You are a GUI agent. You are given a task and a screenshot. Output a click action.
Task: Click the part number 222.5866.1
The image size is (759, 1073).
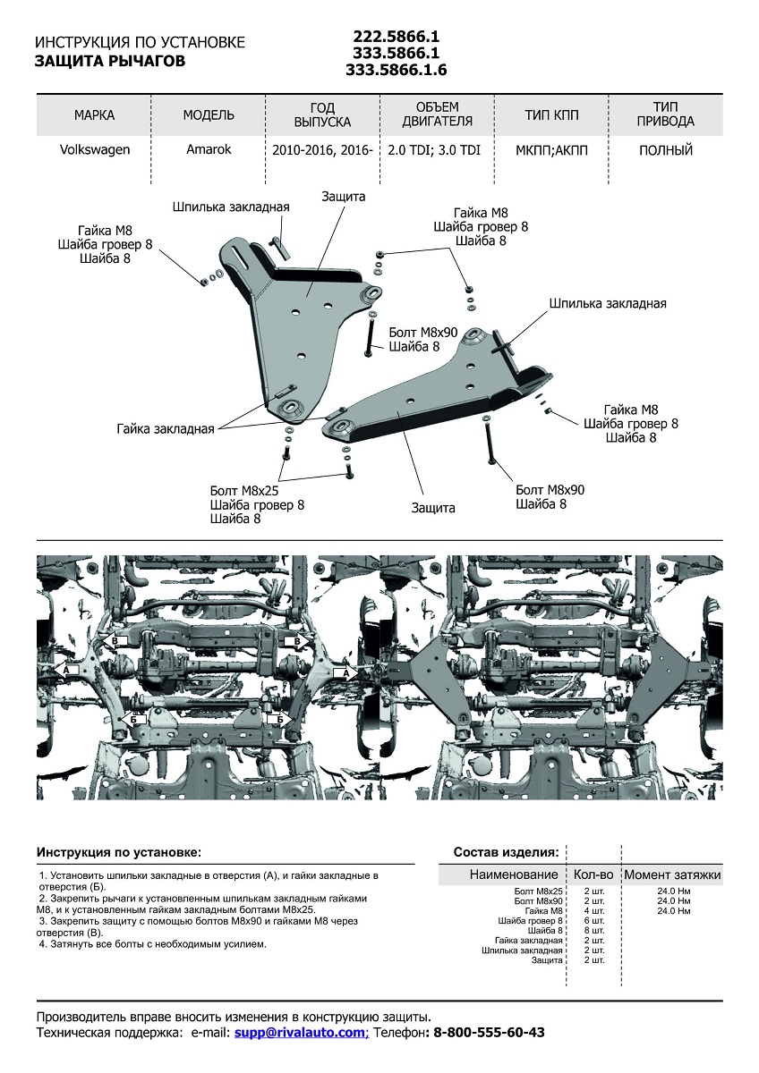(396, 37)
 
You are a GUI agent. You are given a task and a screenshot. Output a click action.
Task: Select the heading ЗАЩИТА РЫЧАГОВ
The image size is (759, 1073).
(110, 62)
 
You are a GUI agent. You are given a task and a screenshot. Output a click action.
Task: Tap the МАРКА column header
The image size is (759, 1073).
(94, 115)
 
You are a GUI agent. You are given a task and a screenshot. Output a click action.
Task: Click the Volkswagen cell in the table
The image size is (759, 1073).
(94, 150)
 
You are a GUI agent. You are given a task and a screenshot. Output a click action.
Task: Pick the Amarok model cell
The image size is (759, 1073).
(209, 150)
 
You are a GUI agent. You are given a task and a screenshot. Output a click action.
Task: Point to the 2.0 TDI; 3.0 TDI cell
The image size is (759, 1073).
(434, 150)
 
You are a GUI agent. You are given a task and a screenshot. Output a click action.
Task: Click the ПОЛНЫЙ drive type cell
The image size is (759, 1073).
(666, 150)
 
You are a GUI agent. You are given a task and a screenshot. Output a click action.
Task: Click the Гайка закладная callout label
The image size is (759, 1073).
(165, 429)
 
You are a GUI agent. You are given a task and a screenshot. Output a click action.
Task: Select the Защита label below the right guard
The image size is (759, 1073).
(433, 508)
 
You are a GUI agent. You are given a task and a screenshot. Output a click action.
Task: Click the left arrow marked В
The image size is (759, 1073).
(111, 641)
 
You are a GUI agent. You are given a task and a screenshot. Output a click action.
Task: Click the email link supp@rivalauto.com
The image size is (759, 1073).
(302, 1032)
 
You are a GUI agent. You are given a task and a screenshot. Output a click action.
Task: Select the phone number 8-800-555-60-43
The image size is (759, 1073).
(488, 1032)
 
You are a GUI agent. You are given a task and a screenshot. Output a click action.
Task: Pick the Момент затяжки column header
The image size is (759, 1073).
(671, 874)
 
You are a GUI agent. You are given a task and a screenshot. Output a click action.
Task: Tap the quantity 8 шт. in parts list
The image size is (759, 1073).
(594, 930)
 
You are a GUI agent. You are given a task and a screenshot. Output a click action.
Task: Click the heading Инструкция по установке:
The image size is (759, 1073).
(119, 852)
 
